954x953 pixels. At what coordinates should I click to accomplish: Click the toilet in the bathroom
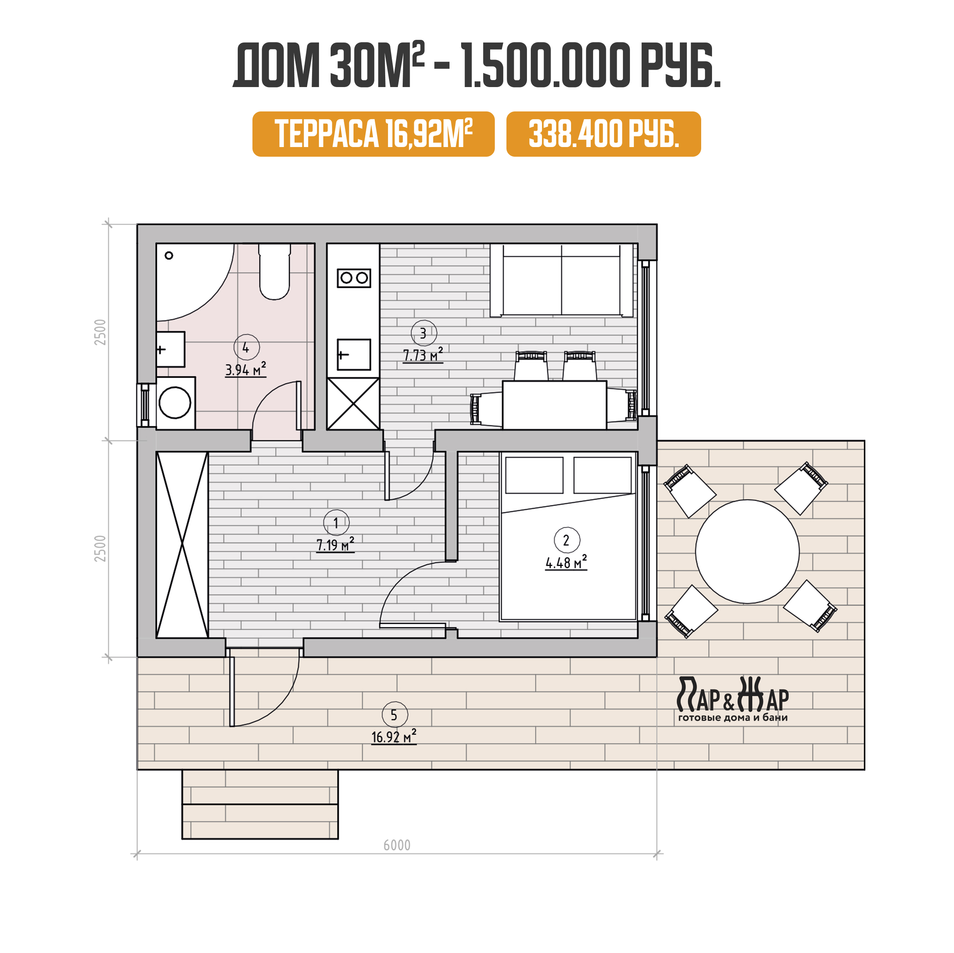(x=275, y=272)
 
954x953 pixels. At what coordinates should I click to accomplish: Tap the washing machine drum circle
(x=175, y=402)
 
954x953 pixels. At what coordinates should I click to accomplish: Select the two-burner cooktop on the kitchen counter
(x=353, y=278)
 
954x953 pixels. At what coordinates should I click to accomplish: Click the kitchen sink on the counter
(x=353, y=354)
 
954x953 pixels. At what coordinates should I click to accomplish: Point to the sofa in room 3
(x=561, y=280)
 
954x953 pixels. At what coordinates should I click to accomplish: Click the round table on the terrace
(x=747, y=551)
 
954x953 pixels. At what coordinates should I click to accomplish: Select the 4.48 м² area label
(x=566, y=562)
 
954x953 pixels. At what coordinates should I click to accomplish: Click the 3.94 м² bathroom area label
(x=245, y=369)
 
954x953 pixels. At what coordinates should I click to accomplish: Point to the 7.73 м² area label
(x=423, y=355)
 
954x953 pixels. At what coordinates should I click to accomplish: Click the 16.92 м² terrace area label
(x=393, y=737)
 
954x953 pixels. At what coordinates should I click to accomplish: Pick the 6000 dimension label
(x=397, y=845)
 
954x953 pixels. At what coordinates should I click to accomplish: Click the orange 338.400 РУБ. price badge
(x=603, y=134)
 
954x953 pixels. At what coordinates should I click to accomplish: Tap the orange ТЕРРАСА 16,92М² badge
(x=373, y=134)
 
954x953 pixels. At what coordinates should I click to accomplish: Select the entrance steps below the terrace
(x=260, y=804)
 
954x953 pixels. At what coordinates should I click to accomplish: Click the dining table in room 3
(x=554, y=405)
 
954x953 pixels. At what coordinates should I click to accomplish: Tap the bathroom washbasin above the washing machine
(x=170, y=349)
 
